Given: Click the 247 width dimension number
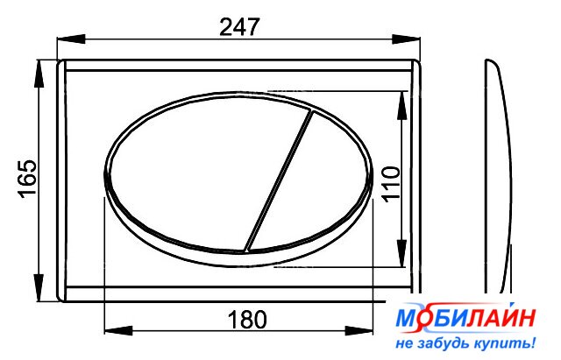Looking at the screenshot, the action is click(238, 27).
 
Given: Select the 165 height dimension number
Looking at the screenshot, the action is click(27, 179).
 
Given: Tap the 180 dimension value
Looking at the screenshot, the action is click(247, 319).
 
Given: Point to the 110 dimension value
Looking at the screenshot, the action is click(391, 184).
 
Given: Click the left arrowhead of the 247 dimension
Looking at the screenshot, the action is click(71, 39).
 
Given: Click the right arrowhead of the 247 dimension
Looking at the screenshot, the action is click(406, 39).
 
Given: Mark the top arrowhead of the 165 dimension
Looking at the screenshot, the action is click(39, 74).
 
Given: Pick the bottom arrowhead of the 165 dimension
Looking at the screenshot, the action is click(39, 288).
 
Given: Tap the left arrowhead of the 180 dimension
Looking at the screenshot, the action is click(118, 331).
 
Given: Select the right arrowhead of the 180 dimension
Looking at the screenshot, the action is click(359, 331).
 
